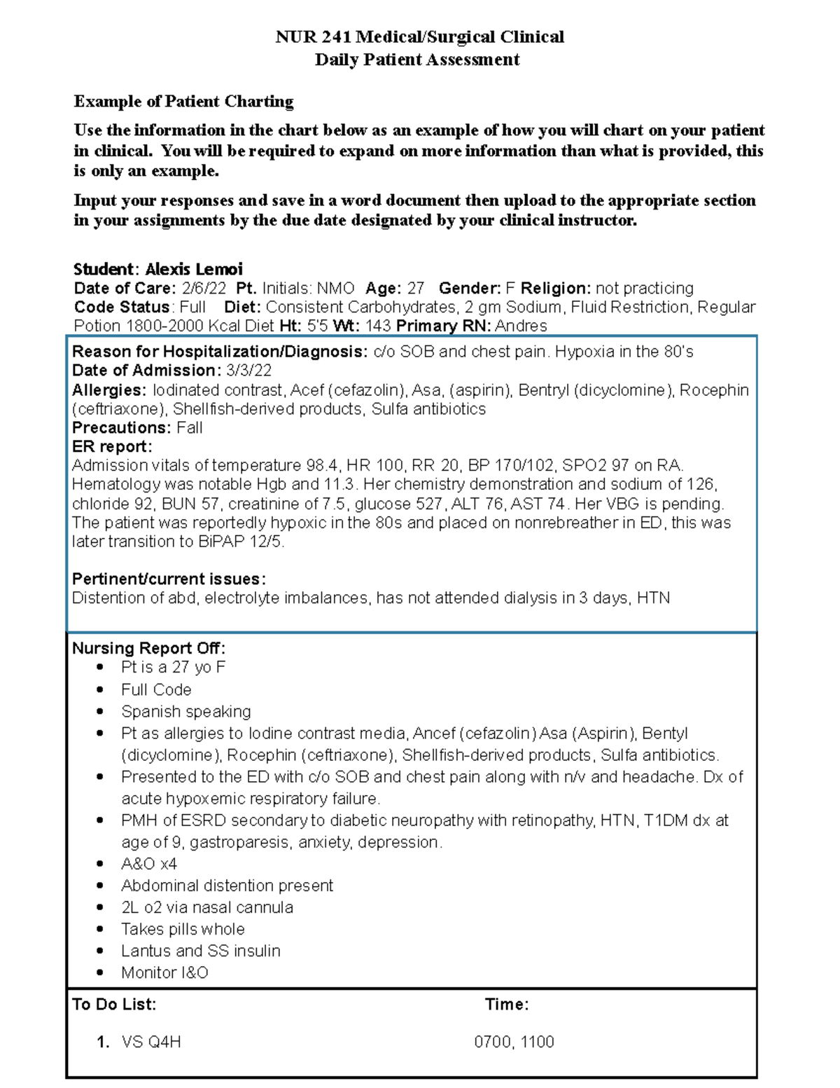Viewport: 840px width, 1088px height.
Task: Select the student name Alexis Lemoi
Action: click(x=194, y=269)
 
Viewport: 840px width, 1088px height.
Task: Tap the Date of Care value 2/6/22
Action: click(x=204, y=288)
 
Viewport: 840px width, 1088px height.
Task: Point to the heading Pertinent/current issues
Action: click(x=169, y=579)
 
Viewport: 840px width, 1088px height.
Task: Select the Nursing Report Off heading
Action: click(x=148, y=648)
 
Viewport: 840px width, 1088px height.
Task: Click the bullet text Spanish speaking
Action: click(x=185, y=711)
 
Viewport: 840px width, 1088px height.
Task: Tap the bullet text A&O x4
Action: click(x=149, y=864)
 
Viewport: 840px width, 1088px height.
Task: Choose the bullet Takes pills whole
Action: click(x=183, y=929)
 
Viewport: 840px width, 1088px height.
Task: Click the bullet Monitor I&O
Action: click(x=164, y=972)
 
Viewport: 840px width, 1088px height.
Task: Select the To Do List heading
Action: click(x=114, y=1004)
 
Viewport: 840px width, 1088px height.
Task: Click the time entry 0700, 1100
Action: click(x=514, y=1042)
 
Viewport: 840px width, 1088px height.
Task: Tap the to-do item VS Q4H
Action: click(x=151, y=1042)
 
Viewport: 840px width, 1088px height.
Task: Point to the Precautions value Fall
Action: click(x=190, y=428)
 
